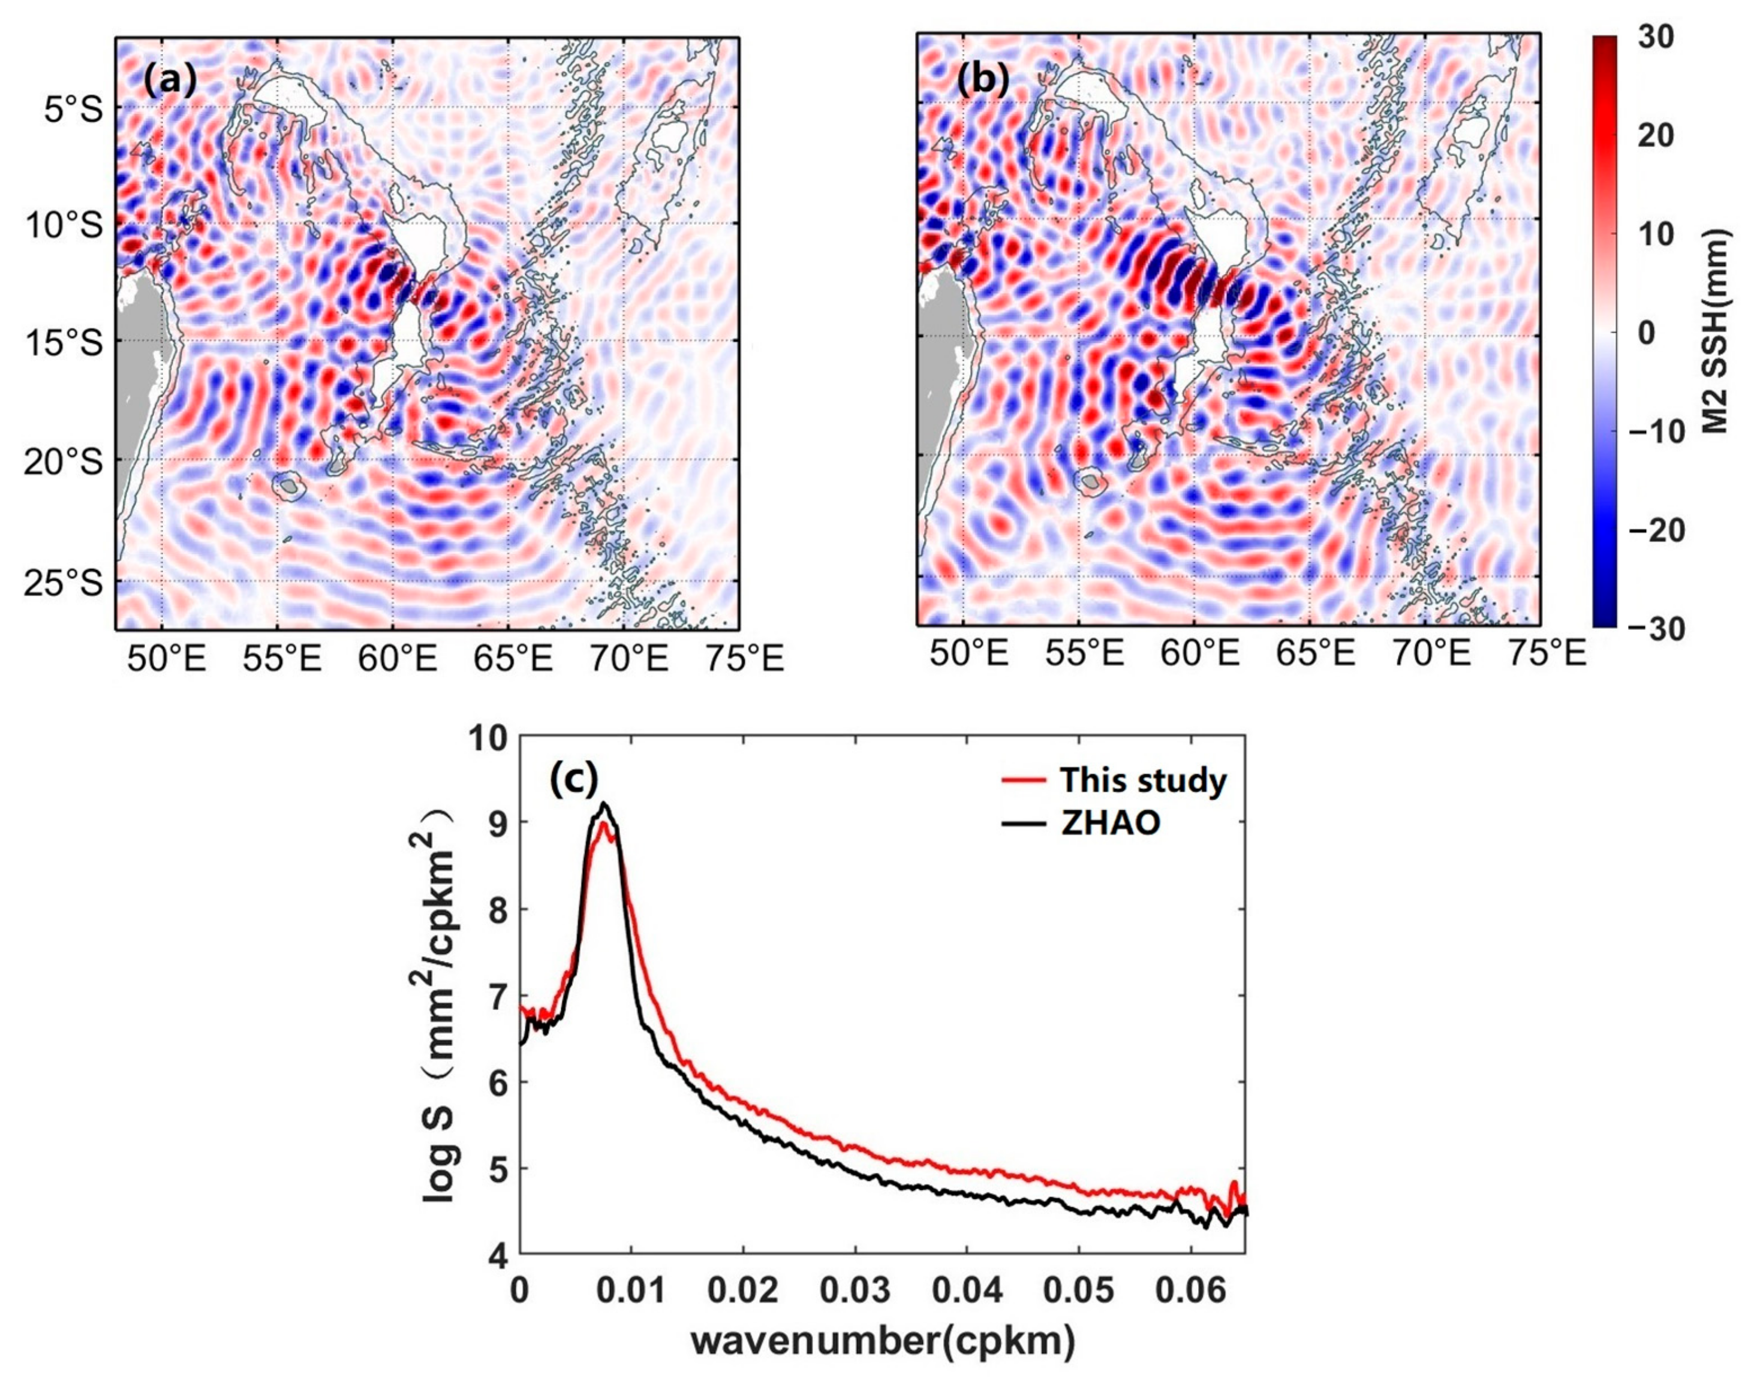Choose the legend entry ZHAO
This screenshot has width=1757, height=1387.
(1109, 824)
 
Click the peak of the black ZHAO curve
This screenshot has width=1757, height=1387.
(603, 804)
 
